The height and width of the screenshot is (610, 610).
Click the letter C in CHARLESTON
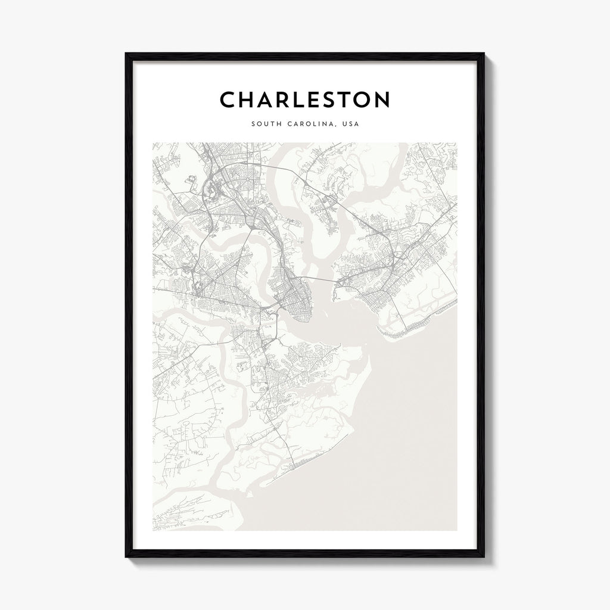[229, 100]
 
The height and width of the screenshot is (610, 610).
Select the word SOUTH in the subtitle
[264, 125]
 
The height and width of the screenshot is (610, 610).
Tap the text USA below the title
[350, 125]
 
